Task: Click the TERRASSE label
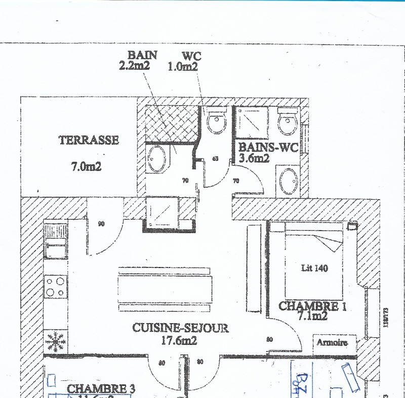click(x=89, y=140)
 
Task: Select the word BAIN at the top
click(x=142, y=55)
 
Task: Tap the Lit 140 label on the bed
click(x=314, y=268)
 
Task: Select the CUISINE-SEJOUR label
click(x=180, y=328)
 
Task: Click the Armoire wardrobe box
click(x=332, y=342)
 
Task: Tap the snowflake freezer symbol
click(x=55, y=342)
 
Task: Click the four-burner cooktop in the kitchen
click(x=55, y=286)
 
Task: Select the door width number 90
click(x=101, y=223)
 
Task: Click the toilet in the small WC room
click(x=217, y=121)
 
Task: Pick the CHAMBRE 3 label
click(x=101, y=388)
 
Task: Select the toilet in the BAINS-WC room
click(x=288, y=121)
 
